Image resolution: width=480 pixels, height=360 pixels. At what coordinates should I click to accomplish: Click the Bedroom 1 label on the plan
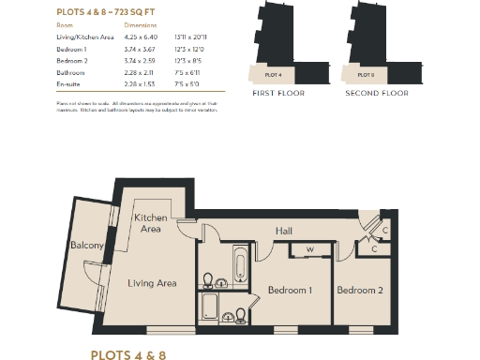[290, 290]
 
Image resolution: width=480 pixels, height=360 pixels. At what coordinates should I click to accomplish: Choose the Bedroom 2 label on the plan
[360, 290]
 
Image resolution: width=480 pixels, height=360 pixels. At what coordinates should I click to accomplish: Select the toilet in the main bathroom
[209, 279]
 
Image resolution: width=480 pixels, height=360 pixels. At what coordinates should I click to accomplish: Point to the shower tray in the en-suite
[211, 306]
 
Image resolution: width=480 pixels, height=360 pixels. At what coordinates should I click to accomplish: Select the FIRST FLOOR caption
[277, 95]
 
